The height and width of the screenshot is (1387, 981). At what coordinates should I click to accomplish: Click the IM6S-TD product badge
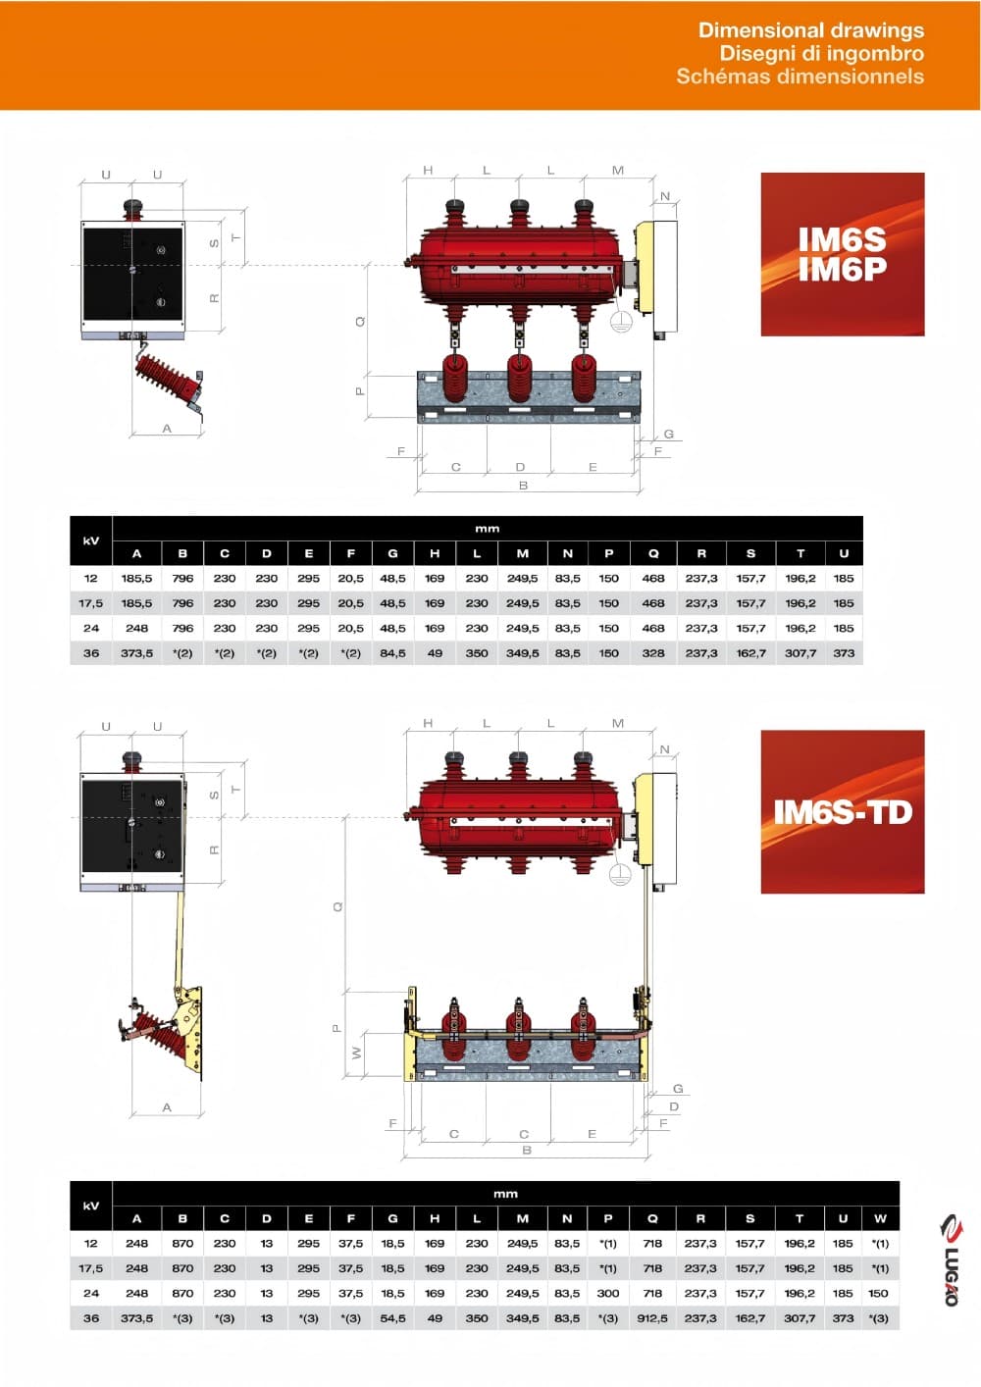pyautogui.click(x=843, y=812)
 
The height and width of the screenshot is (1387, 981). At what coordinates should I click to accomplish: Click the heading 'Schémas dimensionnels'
pyautogui.click(x=800, y=77)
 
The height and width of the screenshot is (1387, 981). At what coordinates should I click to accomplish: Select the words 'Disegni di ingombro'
pyautogui.click(x=822, y=53)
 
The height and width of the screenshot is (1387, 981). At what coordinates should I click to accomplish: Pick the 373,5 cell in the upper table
pyautogui.click(x=137, y=653)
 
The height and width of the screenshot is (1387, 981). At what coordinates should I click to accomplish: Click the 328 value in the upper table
pyautogui.click(x=653, y=653)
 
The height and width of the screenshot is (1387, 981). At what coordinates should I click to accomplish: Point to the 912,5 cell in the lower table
pyautogui.click(x=652, y=1318)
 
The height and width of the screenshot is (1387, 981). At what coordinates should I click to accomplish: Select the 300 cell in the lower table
pyautogui.click(x=608, y=1293)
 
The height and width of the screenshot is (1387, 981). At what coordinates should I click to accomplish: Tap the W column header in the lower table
pyautogui.click(x=880, y=1218)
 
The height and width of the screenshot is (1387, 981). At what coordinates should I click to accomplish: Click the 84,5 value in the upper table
pyautogui.click(x=392, y=653)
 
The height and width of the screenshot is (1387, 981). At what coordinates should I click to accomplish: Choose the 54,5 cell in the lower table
pyautogui.click(x=392, y=1318)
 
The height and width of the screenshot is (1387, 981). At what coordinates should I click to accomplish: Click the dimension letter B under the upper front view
pyautogui.click(x=523, y=486)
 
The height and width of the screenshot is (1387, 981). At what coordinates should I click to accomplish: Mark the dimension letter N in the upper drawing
pyautogui.click(x=665, y=196)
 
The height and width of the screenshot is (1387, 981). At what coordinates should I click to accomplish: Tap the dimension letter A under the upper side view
pyautogui.click(x=167, y=429)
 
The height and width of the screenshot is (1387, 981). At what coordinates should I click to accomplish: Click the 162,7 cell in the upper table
pyautogui.click(x=750, y=653)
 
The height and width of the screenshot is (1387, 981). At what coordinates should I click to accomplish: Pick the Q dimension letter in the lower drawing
pyautogui.click(x=337, y=906)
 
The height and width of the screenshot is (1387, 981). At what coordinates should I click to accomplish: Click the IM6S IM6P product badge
pyautogui.click(x=843, y=254)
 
